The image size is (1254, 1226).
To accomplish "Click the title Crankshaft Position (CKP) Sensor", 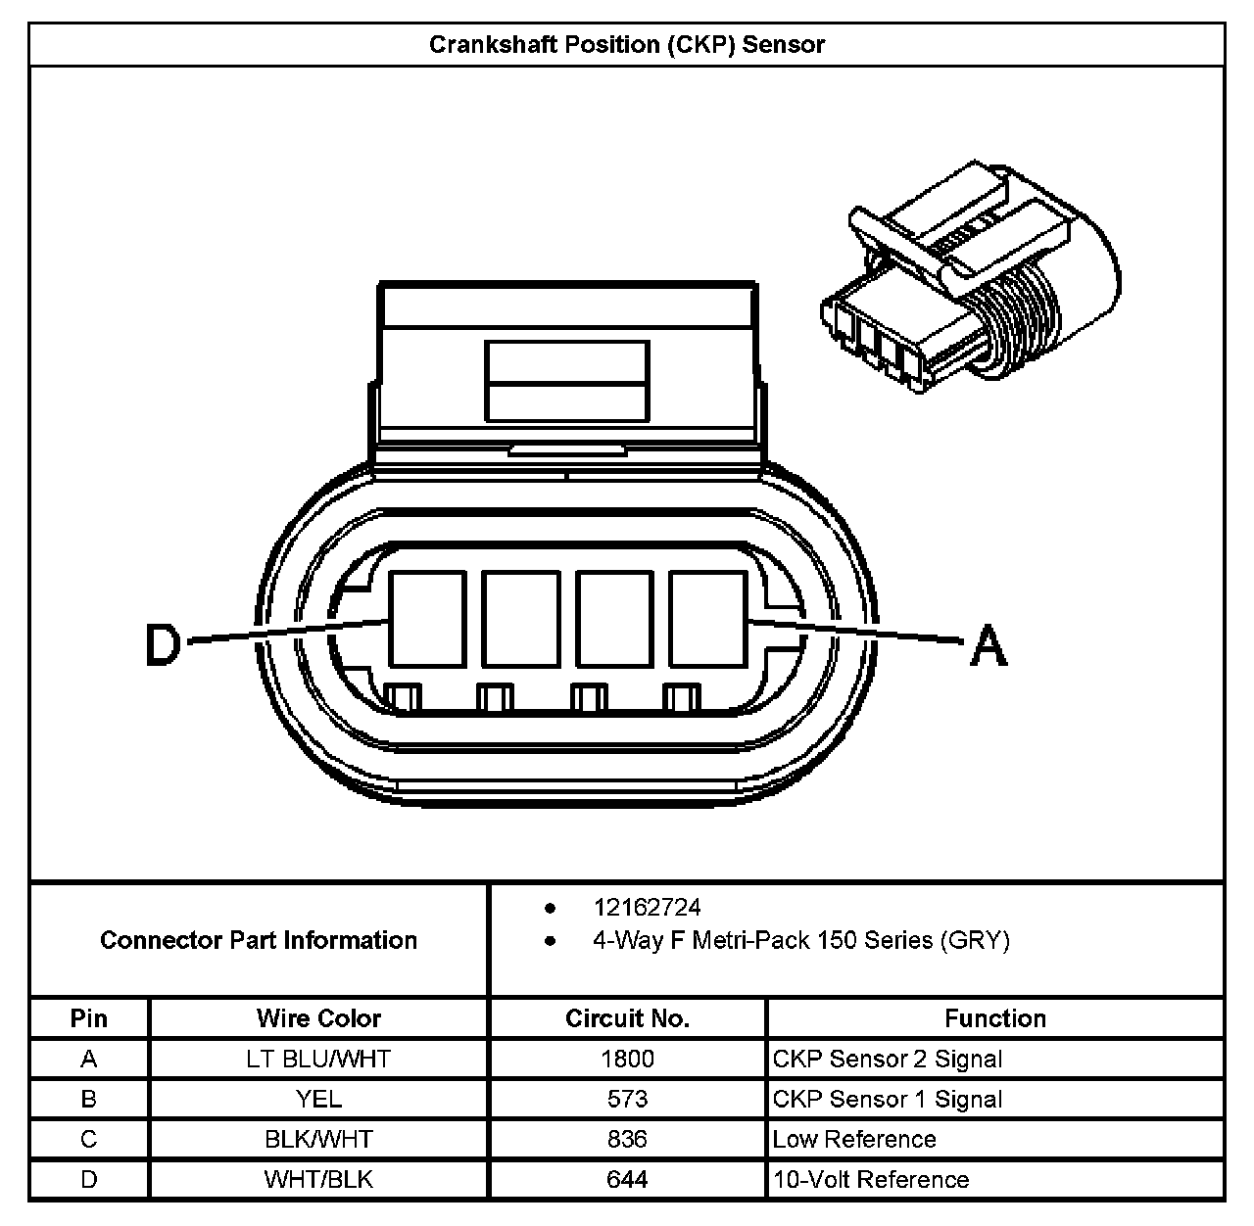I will click(627, 45).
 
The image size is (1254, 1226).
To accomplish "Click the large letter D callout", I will click(164, 645).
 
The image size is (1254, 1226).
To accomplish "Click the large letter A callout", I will click(988, 646).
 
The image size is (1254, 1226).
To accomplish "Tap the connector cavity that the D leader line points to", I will click(427, 620).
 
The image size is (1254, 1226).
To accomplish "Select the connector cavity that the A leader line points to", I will click(707, 620).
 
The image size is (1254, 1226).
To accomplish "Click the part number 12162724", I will click(647, 908).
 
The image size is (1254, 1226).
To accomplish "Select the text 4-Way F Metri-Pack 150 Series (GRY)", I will click(800, 941).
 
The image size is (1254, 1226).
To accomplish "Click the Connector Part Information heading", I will click(259, 941).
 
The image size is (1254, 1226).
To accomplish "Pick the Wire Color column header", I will click(318, 1018).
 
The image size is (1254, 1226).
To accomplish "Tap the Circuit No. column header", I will click(627, 1018).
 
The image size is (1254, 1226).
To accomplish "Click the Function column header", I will click(994, 1018).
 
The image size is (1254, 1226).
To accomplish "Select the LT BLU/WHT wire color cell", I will click(318, 1059).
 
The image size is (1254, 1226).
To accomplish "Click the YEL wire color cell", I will click(318, 1099).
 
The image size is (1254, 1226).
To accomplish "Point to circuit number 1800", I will click(627, 1059).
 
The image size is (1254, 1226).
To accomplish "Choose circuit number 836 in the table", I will click(627, 1139).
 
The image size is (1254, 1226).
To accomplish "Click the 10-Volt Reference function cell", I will click(871, 1180).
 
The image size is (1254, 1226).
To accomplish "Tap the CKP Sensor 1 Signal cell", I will click(888, 1099).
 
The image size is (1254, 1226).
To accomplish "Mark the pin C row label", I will click(89, 1139).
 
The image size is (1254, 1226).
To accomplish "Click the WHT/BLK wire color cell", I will click(318, 1180).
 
